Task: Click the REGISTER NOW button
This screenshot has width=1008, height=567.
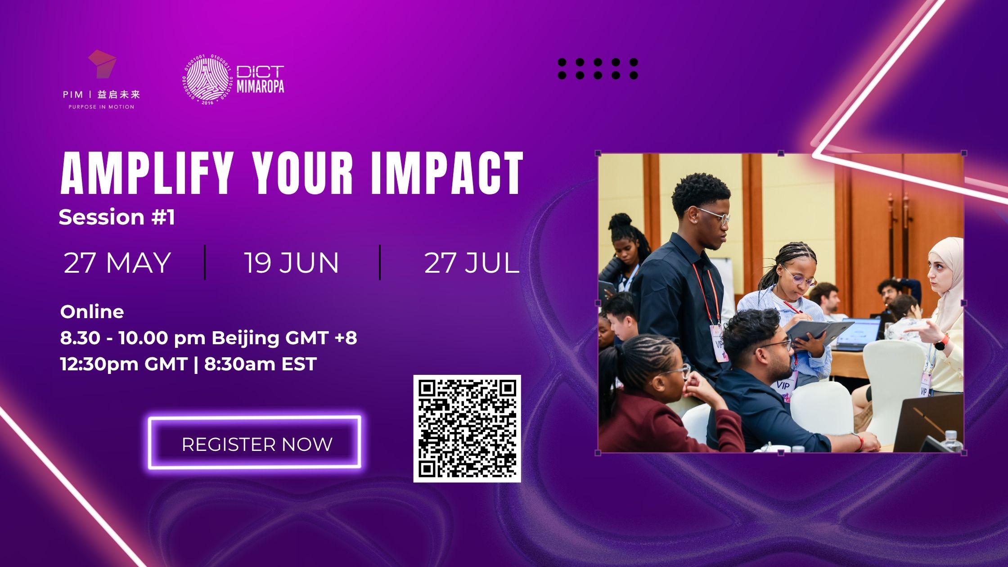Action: point(255,443)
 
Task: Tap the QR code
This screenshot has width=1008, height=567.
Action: point(467,428)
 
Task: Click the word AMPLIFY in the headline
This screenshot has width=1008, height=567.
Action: point(145,174)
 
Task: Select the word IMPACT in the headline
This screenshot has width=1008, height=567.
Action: point(447,174)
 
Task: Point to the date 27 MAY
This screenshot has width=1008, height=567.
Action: point(117,263)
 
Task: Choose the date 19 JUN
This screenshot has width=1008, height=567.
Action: point(291,263)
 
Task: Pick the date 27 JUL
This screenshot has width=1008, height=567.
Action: point(472,263)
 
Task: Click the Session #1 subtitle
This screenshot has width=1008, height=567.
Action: point(117,217)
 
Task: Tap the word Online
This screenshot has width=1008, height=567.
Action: point(92,312)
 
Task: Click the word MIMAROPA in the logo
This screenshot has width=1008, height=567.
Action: point(261,86)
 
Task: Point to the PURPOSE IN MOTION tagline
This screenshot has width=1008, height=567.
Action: point(101,107)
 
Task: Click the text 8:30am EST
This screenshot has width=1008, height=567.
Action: point(261,364)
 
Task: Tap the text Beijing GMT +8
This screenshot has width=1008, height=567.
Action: point(284,338)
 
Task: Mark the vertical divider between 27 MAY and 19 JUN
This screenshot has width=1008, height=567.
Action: point(205,262)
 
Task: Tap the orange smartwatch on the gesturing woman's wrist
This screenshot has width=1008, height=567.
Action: point(940,343)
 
